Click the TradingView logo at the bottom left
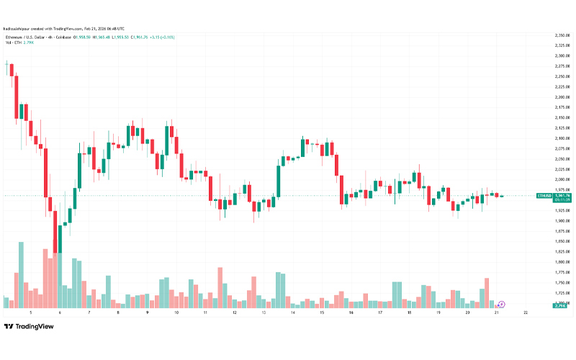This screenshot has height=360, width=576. tap(30, 326)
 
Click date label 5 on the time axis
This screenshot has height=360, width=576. tap(30, 312)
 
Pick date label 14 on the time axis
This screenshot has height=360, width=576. tap(293, 312)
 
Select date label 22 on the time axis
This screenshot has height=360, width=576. tap(526, 312)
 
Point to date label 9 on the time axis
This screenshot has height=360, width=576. tap(147, 312)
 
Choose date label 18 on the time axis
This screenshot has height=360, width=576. tap(409, 312)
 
